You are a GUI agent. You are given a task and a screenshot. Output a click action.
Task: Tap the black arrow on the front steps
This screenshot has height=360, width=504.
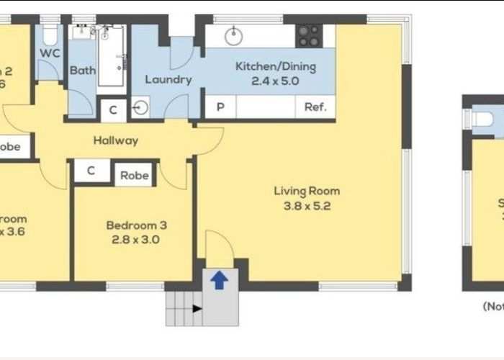(195, 309)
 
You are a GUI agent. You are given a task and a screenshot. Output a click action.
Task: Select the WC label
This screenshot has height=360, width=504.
(50, 53)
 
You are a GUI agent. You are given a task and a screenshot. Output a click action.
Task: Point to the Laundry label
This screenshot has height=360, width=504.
(168, 79)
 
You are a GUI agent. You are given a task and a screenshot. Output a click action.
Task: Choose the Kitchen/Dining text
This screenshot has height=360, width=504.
(275, 67)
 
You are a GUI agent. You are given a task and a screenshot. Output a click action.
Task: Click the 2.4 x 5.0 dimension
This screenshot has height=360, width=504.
(275, 81)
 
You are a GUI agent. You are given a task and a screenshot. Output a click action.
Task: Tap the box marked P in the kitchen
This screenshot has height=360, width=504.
(220, 108)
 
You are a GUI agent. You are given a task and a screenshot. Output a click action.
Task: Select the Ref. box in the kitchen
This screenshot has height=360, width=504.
(315, 108)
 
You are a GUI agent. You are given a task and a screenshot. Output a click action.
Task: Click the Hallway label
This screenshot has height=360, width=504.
(114, 140)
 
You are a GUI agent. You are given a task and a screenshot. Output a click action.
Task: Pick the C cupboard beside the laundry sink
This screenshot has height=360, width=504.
(113, 110)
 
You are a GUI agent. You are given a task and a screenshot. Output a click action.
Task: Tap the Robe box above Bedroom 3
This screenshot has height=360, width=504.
(134, 175)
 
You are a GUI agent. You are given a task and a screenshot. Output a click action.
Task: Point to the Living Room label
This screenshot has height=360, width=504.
(306, 191)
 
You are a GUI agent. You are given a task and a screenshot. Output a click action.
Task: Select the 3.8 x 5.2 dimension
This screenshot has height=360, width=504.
(306, 205)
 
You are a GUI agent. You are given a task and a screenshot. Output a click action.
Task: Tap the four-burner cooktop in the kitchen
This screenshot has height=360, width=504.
(310, 34)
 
